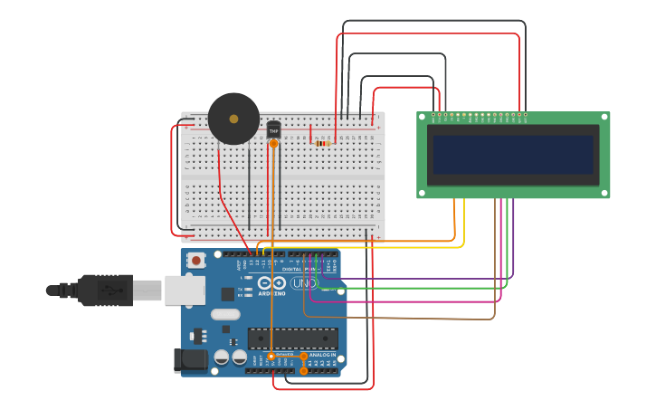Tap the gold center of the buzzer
pos(233,119)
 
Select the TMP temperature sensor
pos(273,130)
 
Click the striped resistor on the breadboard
pos(322,143)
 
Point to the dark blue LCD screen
pos(512,155)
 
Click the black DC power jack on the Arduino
pos(194,359)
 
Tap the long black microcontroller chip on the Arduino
pos(292,339)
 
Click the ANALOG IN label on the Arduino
pos(321,355)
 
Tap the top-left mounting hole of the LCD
pos(422,117)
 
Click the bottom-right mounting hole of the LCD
pos(604,193)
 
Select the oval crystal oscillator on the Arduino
pos(226,314)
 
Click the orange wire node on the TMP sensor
pos(273,143)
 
